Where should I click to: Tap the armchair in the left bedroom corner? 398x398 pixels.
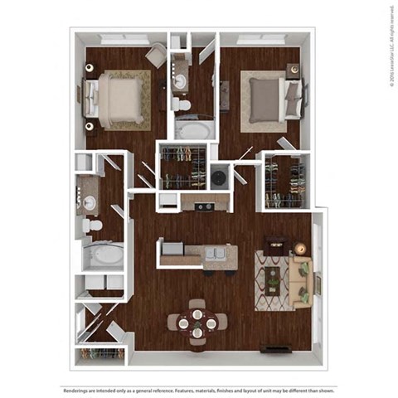coord(155,56)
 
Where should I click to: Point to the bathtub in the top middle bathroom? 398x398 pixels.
coord(194,129)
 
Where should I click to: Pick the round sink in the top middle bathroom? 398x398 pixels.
coord(180,81)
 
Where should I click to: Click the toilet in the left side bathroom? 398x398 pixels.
coord(95,225)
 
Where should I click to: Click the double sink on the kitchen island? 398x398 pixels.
coord(215,254)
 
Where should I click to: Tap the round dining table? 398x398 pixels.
coord(197,322)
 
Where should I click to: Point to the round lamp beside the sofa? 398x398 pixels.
coord(300,248)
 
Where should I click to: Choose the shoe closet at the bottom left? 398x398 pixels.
coord(100,354)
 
